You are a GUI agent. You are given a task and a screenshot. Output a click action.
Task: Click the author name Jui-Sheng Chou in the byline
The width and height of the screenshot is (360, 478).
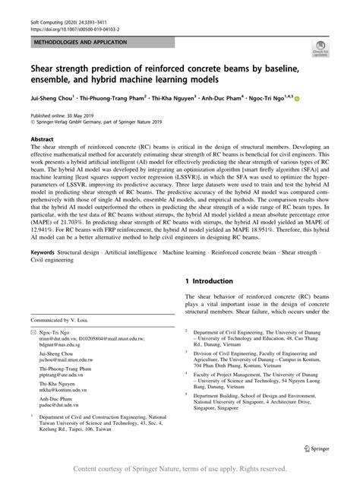click(x=55, y=97)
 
